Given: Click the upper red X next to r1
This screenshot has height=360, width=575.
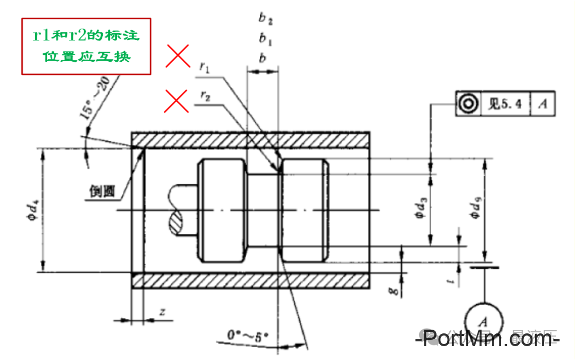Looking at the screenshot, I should [177, 56].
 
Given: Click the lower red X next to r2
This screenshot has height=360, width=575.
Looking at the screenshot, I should [177, 101].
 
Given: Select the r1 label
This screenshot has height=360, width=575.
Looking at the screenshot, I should [205, 66].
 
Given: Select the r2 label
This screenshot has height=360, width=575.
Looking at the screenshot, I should [205, 95].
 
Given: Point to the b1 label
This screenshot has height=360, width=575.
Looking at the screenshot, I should [265, 38].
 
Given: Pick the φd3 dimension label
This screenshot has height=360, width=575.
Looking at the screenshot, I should [421, 208].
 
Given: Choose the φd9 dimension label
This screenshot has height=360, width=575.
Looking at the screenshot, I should [475, 208].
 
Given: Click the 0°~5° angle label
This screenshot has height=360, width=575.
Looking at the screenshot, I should [248, 336].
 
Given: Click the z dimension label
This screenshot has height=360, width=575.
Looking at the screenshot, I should [162, 312].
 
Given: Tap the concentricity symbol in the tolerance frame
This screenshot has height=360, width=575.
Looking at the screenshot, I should [467, 104].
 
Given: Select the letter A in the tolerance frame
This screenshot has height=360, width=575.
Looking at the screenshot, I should [543, 104].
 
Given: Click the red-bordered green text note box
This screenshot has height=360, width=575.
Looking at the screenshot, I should [86, 46].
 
